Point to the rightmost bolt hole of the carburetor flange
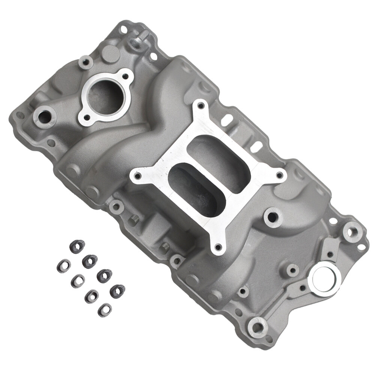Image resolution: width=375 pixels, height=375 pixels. [x=279, y=175]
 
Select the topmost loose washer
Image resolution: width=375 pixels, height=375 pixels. [x=77, y=246]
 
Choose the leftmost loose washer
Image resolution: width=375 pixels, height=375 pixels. [x=64, y=265]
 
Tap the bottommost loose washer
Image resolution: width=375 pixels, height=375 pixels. [x=105, y=309]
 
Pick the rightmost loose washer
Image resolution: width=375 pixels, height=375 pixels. [x=117, y=291]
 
